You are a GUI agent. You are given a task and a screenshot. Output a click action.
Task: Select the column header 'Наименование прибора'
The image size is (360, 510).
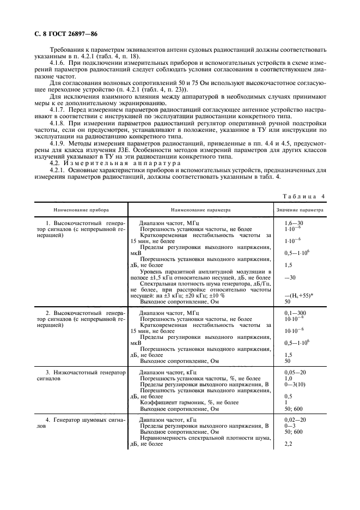coord(81,209)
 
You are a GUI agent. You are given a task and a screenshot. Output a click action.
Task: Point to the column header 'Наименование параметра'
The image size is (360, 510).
coord(200,209)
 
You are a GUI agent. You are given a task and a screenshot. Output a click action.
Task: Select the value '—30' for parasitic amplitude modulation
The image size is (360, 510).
coord(290,277)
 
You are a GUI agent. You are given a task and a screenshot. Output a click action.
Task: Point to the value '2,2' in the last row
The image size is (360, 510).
coord(289,445)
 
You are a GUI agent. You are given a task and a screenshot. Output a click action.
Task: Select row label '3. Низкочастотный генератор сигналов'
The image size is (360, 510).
coord(85,375)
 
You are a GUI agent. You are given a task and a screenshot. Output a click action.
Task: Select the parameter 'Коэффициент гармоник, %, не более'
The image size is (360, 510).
coord(190,403)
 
